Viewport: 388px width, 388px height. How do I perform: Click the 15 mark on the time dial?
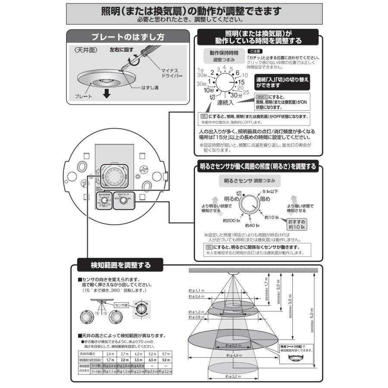(242, 81)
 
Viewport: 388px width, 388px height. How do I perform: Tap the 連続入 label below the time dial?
(225, 103)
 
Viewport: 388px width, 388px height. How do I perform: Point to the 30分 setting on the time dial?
(236, 95)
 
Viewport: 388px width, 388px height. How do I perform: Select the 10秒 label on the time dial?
(209, 90)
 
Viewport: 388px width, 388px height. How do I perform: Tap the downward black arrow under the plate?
(106, 92)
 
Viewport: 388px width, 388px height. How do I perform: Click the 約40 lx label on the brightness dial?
(252, 225)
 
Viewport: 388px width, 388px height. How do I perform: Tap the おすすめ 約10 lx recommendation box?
(296, 224)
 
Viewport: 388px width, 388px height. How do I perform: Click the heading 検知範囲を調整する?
(114, 263)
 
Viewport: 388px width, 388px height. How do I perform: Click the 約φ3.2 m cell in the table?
(166, 371)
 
